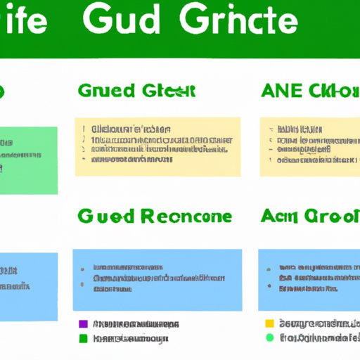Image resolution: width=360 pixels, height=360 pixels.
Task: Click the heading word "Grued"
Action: [103, 91]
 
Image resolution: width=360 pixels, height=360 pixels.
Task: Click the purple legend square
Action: [83, 324]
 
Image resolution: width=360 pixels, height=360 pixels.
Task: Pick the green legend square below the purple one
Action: [83, 338]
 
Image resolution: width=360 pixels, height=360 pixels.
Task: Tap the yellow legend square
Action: [268, 324]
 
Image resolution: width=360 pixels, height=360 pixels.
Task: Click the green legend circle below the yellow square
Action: [268, 338]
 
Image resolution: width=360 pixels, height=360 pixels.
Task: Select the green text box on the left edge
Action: [28, 160]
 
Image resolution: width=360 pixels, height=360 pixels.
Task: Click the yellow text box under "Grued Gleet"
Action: [157, 146]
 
